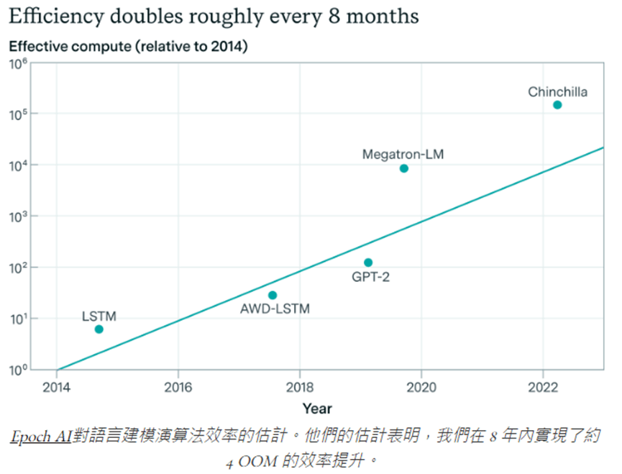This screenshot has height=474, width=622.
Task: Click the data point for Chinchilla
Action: click(x=557, y=105)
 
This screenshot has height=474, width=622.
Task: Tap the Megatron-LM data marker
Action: click(x=404, y=168)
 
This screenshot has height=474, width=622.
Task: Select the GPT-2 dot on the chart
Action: click(x=368, y=263)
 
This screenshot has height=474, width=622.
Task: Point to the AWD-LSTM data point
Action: click(x=273, y=295)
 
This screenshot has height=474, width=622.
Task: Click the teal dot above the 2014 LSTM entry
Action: click(x=99, y=329)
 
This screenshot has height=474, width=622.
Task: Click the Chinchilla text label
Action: click(x=557, y=91)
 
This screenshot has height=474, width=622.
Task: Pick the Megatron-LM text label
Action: click(x=403, y=154)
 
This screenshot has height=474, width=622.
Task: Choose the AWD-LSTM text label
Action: click(x=274, y=309)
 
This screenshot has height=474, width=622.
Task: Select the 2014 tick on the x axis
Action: click(x=56, y=387)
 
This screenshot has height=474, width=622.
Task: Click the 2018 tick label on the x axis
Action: click(x=299, y=387)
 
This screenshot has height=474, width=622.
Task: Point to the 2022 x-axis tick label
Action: click(x=543, y=387)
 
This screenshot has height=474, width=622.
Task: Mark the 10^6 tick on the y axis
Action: click(x=18, y=64)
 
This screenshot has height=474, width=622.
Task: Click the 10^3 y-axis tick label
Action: click(x=18, y=217)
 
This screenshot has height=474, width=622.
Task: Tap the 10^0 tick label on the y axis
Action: click(x=18, y=370)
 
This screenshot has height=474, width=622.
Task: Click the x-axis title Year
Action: click(x=317, y=409)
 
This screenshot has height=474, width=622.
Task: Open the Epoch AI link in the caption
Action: click(x=42, y=438)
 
